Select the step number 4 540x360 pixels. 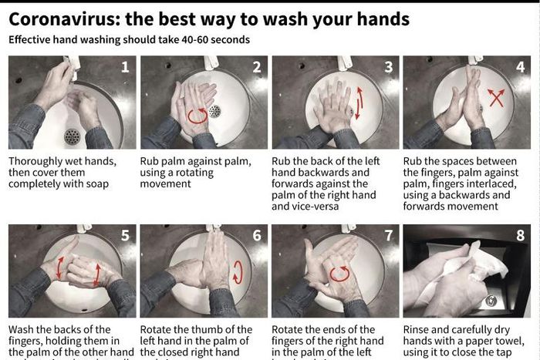coord(520,67)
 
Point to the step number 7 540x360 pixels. coord(389,235)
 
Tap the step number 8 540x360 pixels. coord(520,235)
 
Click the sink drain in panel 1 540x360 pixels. coord(73,136)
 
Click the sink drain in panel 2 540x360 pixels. coord(215,111)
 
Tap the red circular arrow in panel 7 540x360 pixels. coord(339,274)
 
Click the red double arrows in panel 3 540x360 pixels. coord(358,103)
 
